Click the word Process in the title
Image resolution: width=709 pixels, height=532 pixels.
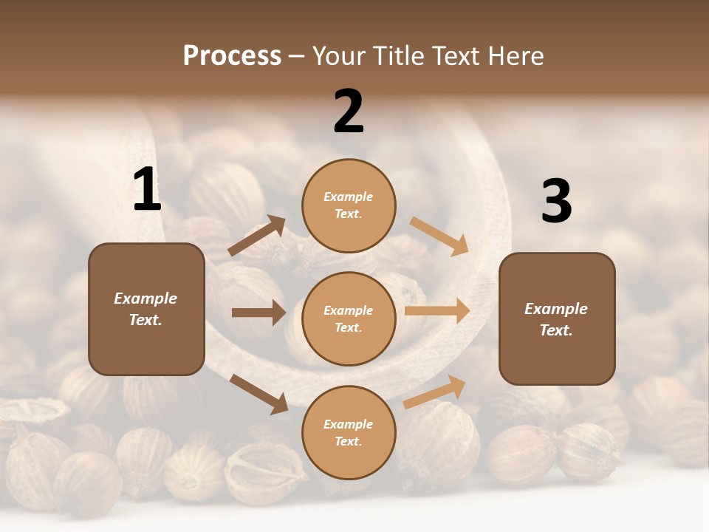point(232,56)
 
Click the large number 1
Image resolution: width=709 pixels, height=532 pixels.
point(147,190)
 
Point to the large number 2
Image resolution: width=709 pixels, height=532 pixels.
point(349,112)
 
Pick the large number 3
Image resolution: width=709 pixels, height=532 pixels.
point(556,201)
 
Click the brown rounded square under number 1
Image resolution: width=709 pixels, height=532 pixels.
point(146,309)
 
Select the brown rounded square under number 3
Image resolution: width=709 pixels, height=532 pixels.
point(557,319)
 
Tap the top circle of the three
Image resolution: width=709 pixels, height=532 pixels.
point(349,205)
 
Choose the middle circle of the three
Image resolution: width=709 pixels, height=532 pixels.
point(349,318)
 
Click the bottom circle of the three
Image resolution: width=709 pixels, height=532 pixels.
point(349,432)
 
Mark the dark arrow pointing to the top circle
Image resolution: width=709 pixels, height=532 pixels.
point(256,236)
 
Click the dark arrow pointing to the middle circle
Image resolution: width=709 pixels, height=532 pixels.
point(258,313)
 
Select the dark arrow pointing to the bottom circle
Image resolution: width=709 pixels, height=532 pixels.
point(258,393)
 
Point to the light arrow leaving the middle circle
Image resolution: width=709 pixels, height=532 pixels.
point(437,311)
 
